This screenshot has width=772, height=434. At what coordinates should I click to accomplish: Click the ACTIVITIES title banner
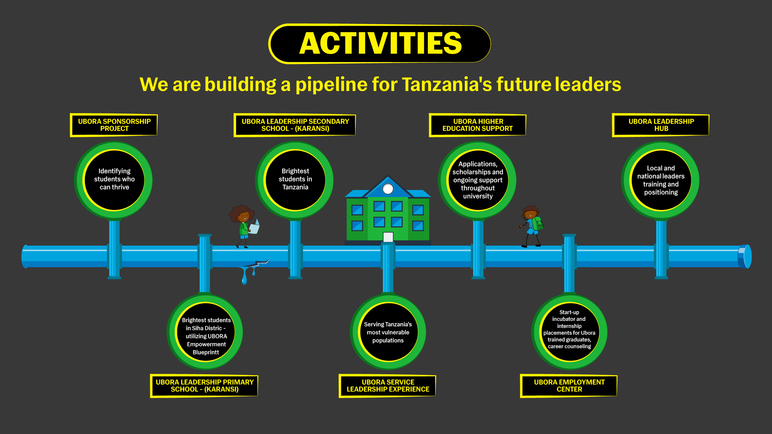380,44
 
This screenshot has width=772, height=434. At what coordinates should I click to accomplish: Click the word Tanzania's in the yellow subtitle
447,84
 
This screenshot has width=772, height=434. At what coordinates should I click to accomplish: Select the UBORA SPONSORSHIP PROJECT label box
114,125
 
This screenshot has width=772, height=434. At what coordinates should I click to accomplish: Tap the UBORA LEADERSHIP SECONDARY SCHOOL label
295,125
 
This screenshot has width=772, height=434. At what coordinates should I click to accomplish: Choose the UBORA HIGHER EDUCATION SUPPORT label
478,125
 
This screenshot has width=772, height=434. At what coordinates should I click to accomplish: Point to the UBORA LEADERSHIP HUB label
661,125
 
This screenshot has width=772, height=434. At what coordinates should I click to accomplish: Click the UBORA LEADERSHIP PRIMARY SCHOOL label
205,386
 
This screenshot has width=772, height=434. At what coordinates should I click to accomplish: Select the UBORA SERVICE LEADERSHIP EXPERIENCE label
388,386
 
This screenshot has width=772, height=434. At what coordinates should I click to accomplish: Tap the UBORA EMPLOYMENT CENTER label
569,386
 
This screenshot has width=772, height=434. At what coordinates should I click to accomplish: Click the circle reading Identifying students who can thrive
114,179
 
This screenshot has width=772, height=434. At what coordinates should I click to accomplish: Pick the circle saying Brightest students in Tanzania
295,179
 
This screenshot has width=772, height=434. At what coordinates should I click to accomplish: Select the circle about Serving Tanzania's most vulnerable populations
388,332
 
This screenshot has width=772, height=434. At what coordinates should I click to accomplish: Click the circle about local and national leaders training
661,180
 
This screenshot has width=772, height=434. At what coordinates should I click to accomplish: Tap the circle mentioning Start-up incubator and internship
569,331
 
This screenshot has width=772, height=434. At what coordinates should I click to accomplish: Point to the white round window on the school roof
388,189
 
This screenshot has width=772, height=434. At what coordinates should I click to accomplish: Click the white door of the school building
388,237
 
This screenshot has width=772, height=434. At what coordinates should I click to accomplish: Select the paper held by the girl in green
254,228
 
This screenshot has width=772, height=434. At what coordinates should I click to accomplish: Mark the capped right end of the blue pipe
745,257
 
